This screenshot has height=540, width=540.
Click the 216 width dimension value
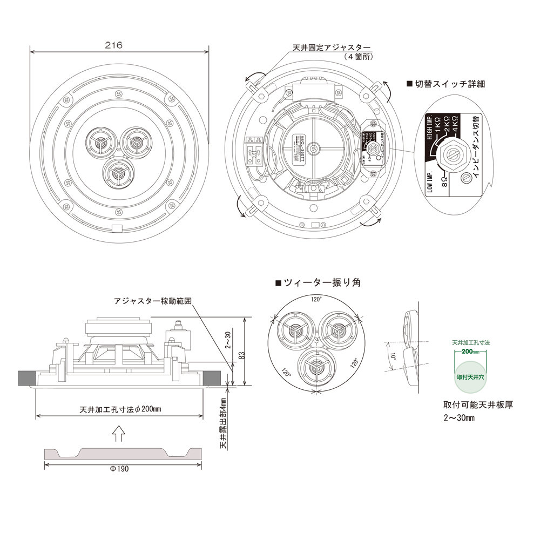point(114,45)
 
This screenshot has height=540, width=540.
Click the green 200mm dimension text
point(470,352)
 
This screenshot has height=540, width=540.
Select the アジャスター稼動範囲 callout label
point(153,300)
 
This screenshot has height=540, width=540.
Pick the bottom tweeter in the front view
point(116,173)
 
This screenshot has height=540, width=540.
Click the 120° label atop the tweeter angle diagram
point(316,299)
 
